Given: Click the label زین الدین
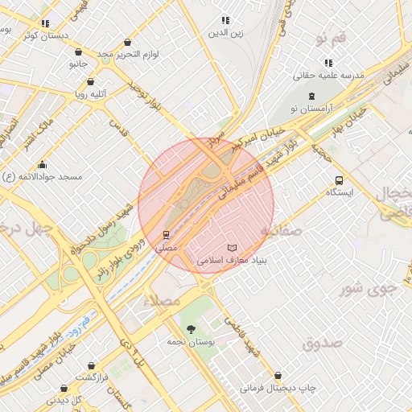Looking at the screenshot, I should pos(225,33).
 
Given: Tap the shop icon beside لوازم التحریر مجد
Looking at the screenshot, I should pos(128,43).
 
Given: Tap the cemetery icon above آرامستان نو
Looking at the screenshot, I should pos(311,97).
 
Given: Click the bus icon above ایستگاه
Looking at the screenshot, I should pos(339,180).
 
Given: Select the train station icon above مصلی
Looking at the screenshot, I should pos(166,235).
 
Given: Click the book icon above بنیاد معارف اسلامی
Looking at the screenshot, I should pos(233,247).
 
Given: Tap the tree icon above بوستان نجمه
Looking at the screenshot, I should pos(190,329).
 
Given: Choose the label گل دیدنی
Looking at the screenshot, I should pos(66,399).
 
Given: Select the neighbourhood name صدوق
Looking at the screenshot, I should pos(323,344).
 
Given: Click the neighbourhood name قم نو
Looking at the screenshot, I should pos(331,38).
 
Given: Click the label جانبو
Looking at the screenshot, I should pos(78,62).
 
